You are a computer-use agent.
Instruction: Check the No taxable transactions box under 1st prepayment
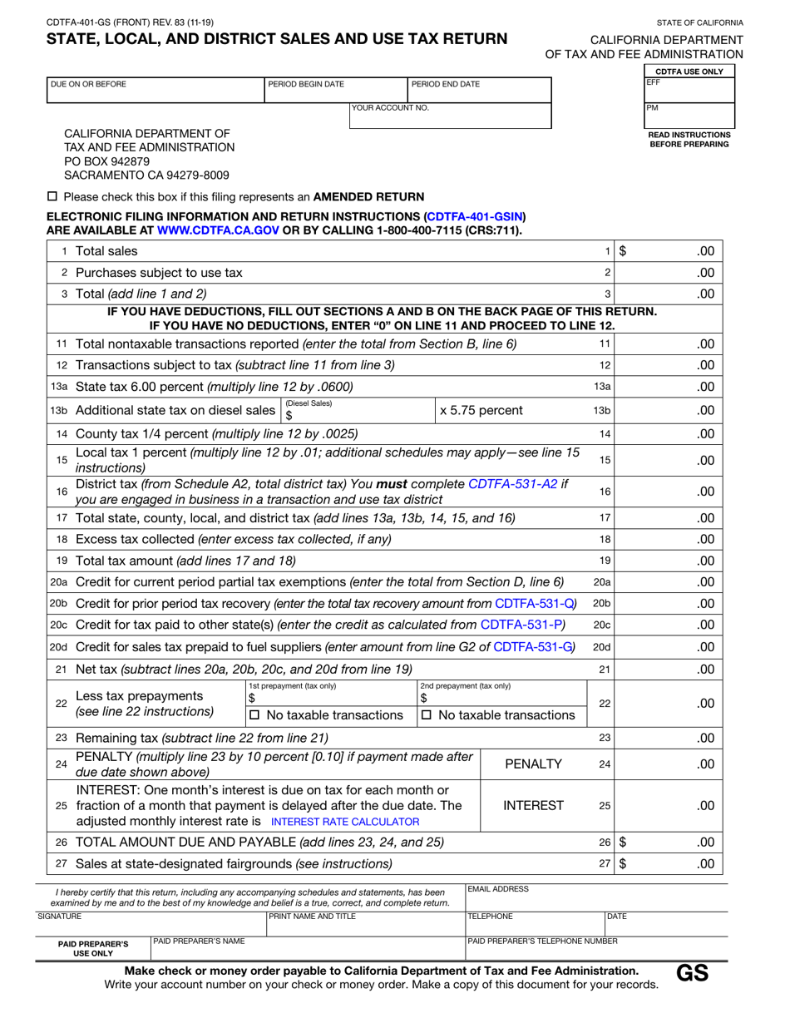[255, 715]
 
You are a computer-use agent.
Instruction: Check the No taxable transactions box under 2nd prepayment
[427, 715]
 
